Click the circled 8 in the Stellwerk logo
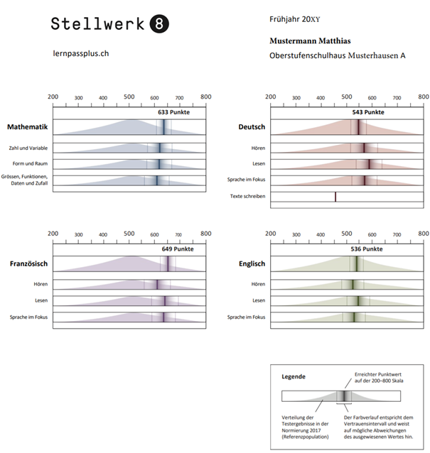click(160, 23)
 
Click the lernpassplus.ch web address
click(81, 53)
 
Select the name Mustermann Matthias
click(310, 40)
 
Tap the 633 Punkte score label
click(174, 112)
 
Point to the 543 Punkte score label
click(369, 112)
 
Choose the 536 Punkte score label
click(367, 249)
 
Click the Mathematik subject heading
click(27, 127)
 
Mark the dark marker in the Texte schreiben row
click(335, 197)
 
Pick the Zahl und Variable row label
click(28, 148)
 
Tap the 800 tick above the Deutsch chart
click(423, 97)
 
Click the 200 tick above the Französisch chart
click(53, 234)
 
